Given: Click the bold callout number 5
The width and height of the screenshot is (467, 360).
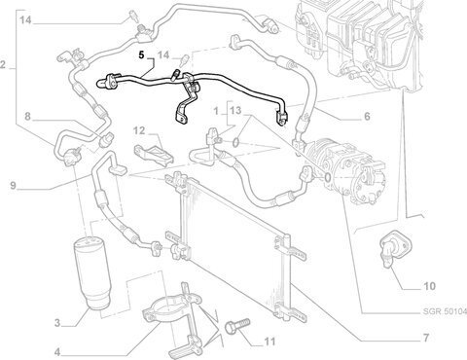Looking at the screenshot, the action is tap(141, 54).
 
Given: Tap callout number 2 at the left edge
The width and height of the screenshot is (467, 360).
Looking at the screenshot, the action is tap(3, 65).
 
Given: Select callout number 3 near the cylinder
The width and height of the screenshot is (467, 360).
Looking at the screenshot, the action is tap(57, 323).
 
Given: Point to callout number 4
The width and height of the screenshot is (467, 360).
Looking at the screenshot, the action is tap(57, 352).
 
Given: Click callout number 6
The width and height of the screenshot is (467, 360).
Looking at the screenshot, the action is tap(367, 116).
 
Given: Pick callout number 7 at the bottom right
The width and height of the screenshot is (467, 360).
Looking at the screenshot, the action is tap(426, 338).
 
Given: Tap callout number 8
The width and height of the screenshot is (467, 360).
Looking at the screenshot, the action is tap(27, 116).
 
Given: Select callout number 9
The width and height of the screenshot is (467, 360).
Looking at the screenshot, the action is tap(13, 186).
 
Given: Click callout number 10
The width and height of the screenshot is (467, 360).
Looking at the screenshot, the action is tap(430, 286).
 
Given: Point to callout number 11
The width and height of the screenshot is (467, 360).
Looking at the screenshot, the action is tap(269, 342).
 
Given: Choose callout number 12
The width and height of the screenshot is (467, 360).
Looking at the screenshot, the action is tap(139, 130).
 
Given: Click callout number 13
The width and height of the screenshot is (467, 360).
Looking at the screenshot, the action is tap(235, 111).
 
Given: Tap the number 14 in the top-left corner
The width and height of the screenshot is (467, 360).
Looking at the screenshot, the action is tap(25, 20).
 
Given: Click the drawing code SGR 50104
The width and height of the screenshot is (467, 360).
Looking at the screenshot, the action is tap(445, 311).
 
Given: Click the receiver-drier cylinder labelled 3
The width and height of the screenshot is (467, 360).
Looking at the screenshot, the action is tap(91, 273).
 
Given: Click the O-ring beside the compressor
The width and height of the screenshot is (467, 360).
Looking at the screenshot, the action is tap(327, 177).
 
